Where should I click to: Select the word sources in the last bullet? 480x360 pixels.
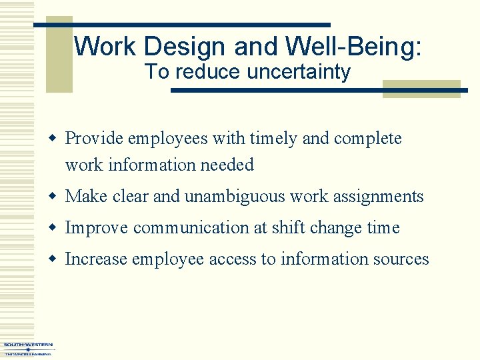(x=402, y=259)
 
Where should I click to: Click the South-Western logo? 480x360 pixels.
(x=28, y=348)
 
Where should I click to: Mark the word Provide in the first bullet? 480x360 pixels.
(x=93, y=139)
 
